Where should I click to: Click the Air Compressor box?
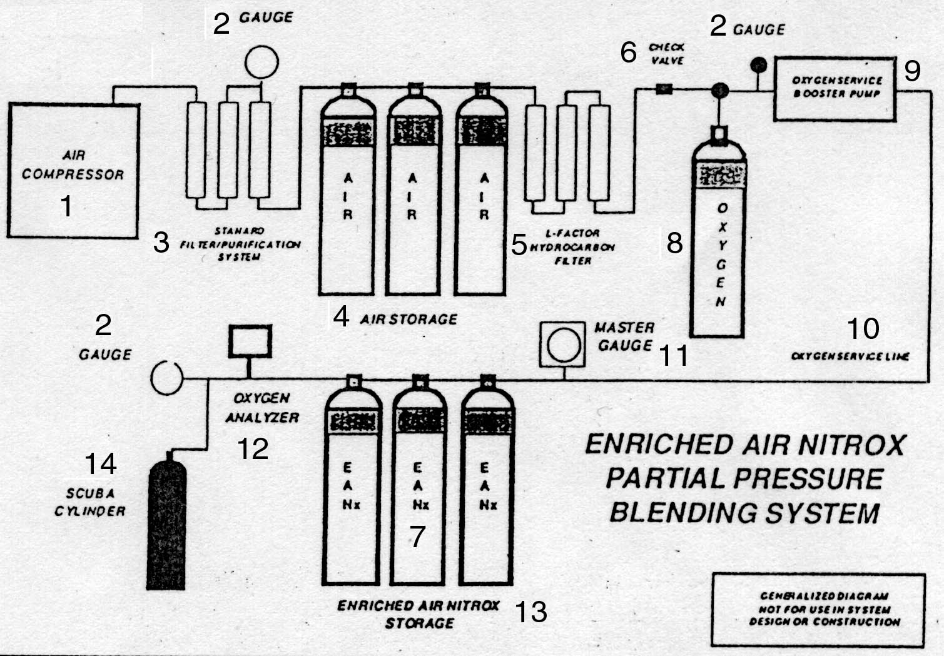click(73, 171)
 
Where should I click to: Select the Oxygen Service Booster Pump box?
click(835, 88)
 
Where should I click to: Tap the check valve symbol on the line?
click(663, 89)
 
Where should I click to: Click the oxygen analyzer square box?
click(250, 341)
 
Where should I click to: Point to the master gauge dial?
click(563, 344)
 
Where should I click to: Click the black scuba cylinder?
click(166, 523)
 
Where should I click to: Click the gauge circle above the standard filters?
click(261, 62)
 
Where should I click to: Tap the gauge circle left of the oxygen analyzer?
click(166, 378)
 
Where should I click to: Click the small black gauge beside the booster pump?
click(758, 64)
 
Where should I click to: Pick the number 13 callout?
click(530, 612)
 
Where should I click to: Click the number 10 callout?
click(863, 329)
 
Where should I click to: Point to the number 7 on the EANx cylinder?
click(417, 536)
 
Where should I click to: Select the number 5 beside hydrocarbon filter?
click(519, 245)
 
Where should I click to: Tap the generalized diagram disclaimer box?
click(818, 609)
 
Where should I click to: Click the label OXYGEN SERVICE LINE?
click(850, 356)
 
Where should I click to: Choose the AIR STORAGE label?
click(409, 320)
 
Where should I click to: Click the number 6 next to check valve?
click(629, 53)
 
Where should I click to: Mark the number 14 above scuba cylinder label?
click(100, 464)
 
